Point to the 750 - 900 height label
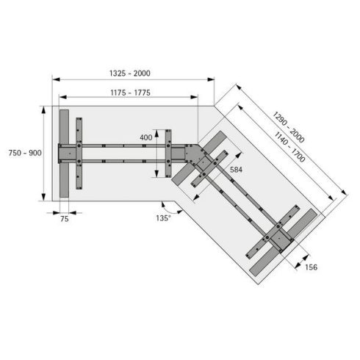point(24,152)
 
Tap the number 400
point(147,137)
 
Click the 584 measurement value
point(236,170)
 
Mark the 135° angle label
point(163,217)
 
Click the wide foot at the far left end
point(65,154)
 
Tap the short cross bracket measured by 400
point(168,153)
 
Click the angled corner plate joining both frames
point(192,156)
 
